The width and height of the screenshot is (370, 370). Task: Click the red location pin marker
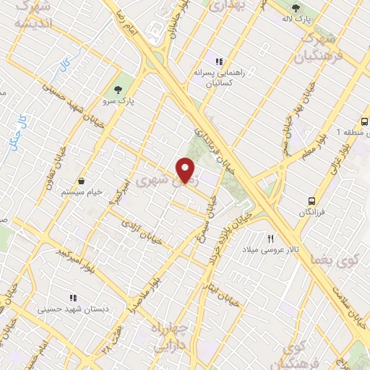(x=186, y=171)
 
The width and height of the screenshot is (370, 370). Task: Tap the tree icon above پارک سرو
(x=117, y=90)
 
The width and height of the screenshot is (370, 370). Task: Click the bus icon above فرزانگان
(x=311, y=201)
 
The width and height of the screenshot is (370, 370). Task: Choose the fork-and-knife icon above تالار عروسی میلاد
(x=271, y=238)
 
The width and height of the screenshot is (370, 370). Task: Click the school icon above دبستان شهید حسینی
(x=73, y=297)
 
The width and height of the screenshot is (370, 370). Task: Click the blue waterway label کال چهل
(x=16, y=130)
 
